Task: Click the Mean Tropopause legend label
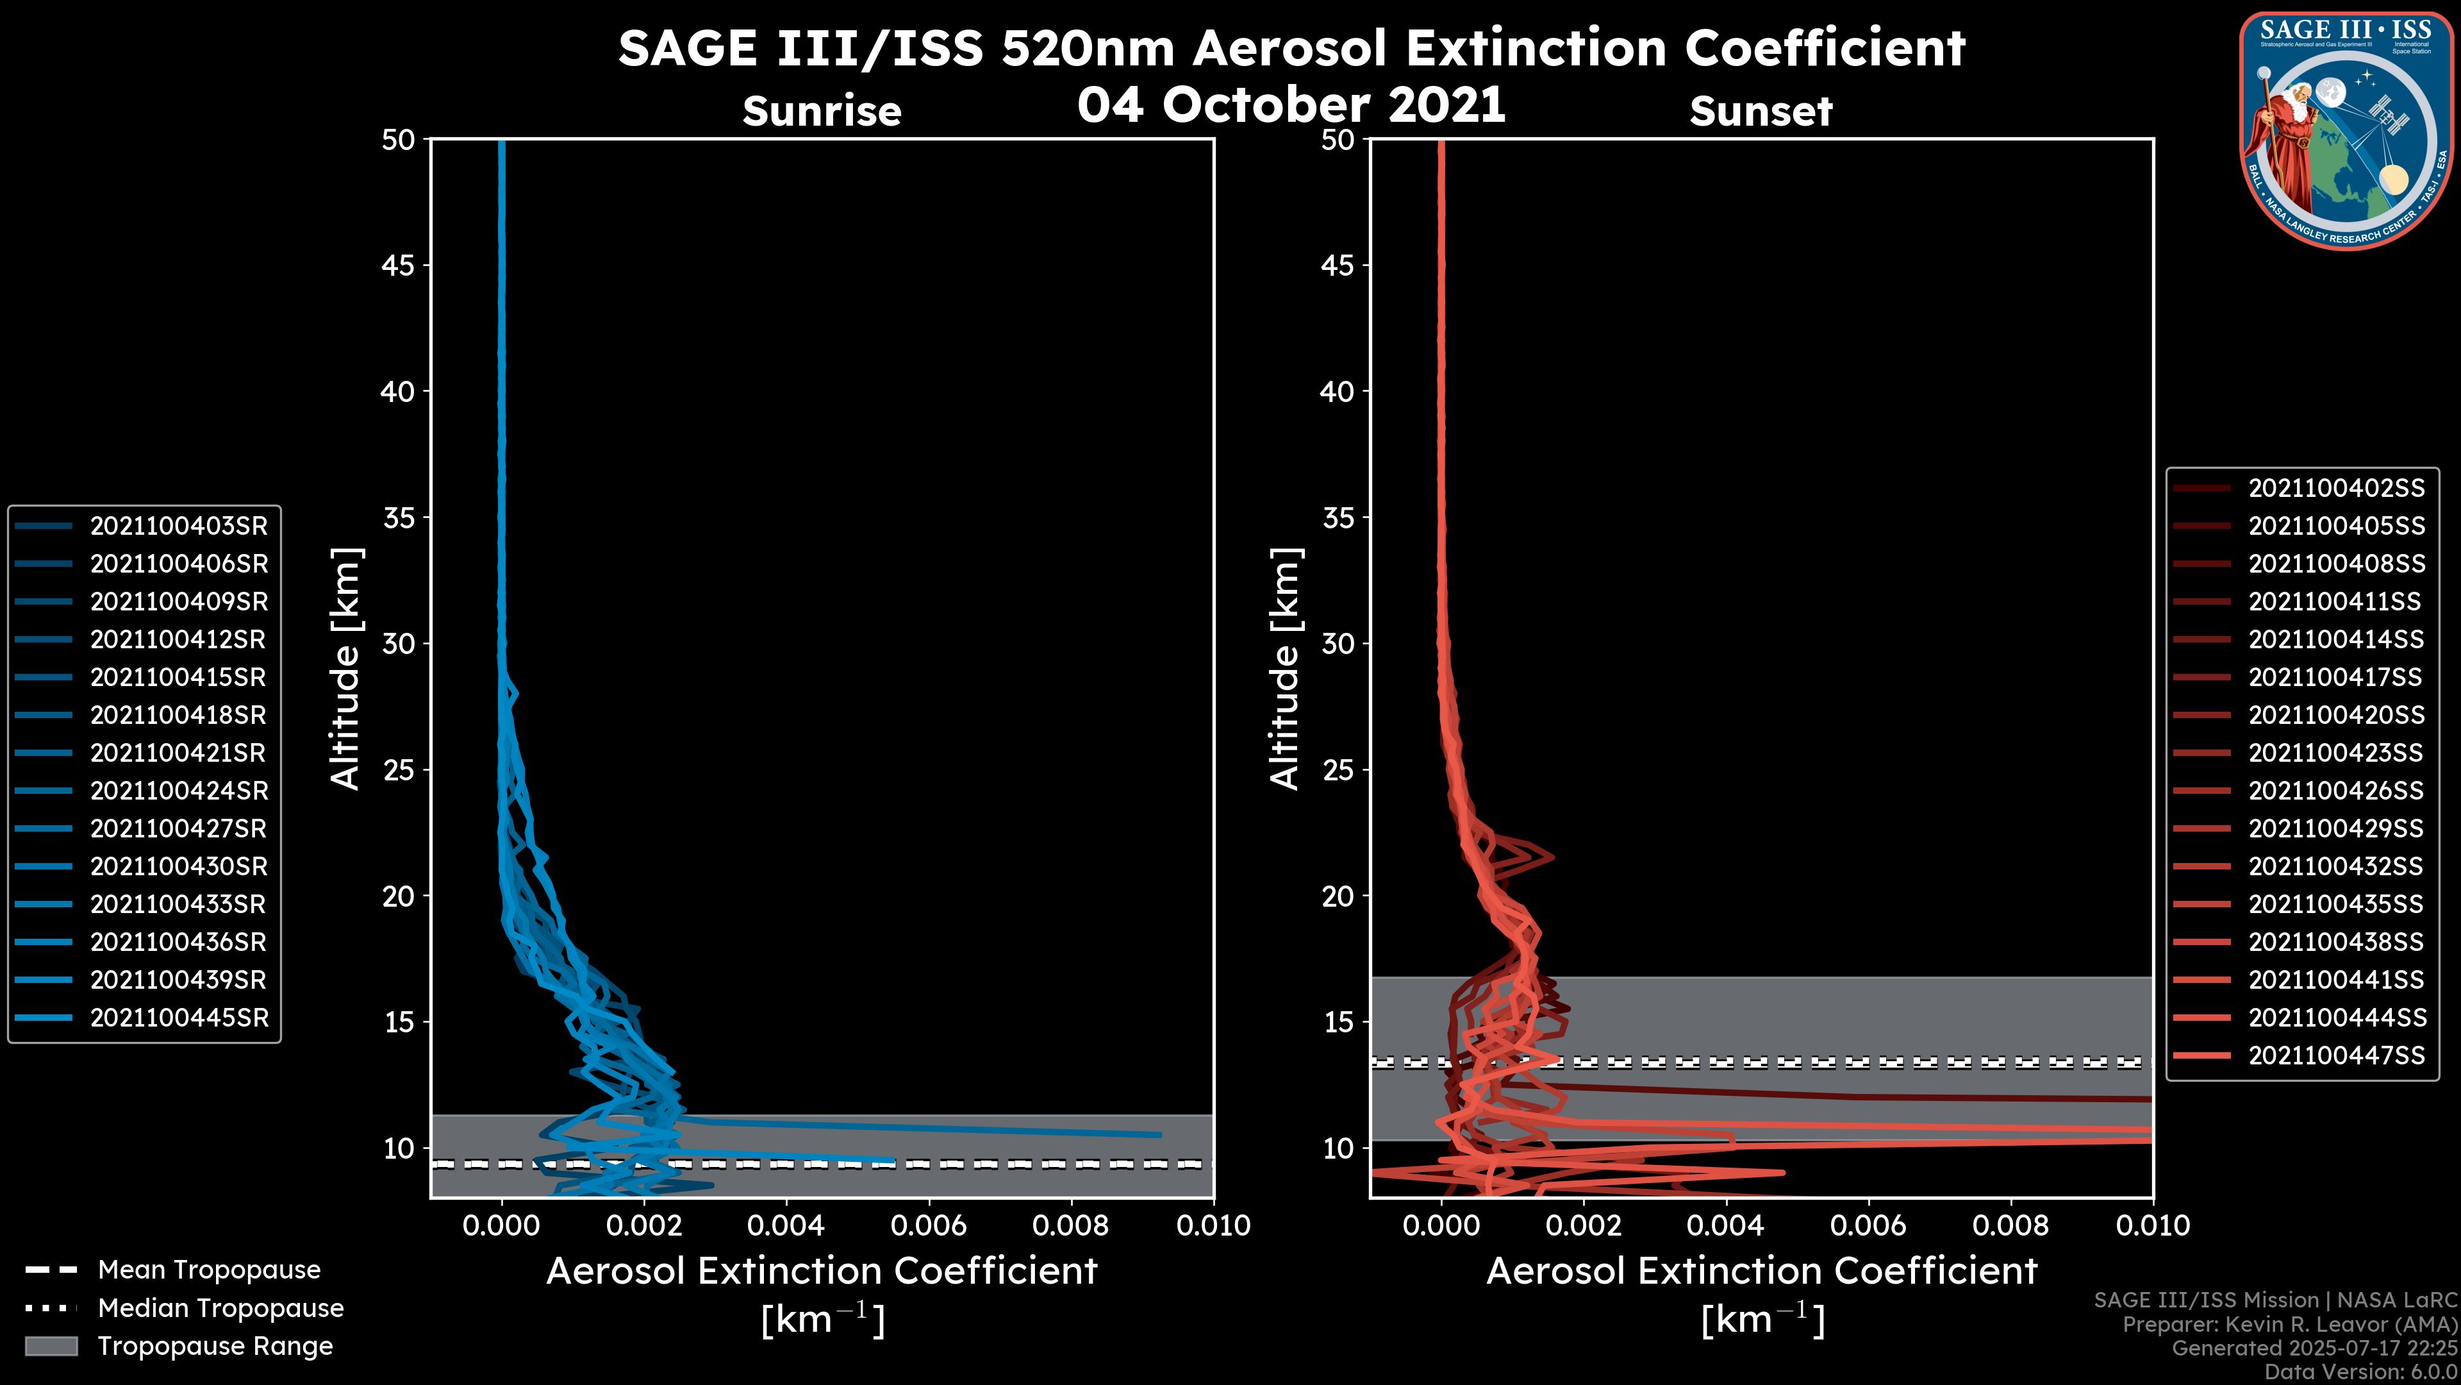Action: point(208,1270)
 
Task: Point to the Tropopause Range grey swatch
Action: point(51,1346)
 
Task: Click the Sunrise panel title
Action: point(822,111)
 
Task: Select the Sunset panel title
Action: point(1761,111)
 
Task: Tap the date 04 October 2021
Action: point(1291,104)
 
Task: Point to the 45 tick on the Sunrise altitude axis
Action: point(399,265)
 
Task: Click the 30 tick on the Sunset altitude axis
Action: point(1338,643)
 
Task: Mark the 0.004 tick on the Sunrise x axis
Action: point(785,1225)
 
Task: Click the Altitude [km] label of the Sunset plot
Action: point(1286,668)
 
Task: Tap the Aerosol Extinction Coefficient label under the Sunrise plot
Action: point(822,1272)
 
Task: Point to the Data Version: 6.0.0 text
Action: point(2362,1372)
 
